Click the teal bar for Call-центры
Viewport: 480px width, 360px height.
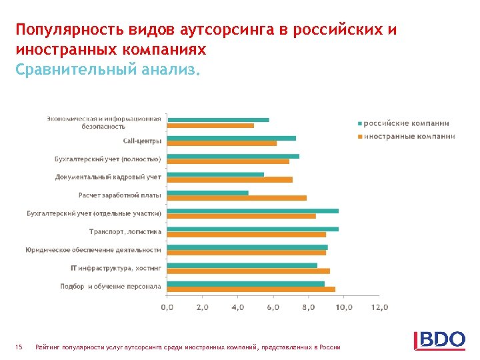point(231,138)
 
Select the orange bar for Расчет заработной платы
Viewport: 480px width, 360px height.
point(237,198)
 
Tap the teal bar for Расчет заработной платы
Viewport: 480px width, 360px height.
point(207,193)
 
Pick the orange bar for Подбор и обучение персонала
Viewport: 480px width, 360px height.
point(251,289)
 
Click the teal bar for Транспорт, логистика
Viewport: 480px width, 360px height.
point(253,229)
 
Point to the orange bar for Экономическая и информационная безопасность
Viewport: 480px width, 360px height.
point(210,125)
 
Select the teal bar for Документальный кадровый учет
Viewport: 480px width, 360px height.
point(215,174)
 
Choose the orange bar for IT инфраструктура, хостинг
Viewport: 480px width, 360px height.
point(248,271)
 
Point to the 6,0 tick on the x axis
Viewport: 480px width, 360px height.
point(273,307)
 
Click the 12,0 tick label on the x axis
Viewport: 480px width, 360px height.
point(379,307)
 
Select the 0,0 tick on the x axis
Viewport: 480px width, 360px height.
point(167,307)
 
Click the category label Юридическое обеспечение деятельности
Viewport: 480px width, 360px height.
point(93,249)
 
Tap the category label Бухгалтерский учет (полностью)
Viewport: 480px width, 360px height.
point(107,159)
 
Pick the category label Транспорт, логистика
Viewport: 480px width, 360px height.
point(125,231)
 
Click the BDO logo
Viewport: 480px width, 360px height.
point(439,339)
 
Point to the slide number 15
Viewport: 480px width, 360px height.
point(19,347)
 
